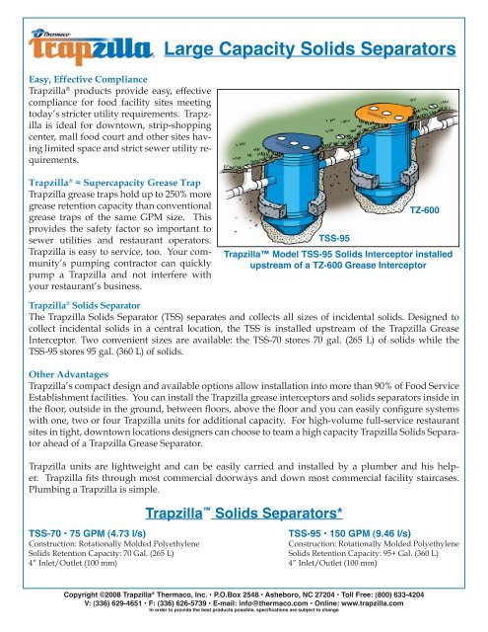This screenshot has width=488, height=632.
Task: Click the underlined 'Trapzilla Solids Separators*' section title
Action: [244, 513]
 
